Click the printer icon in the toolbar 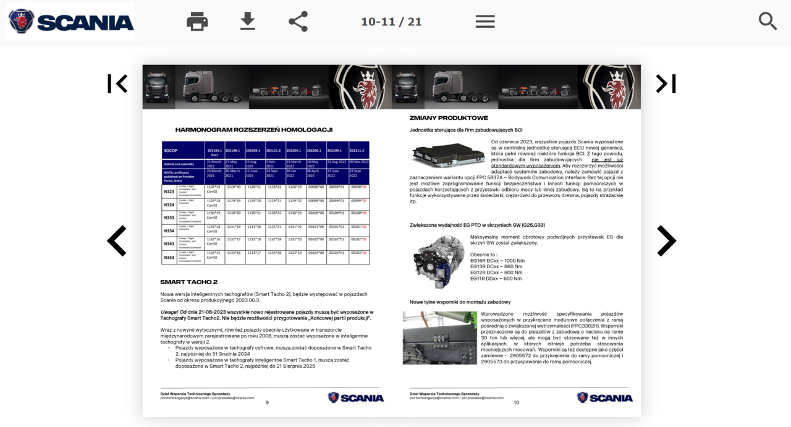(x=197, y=22)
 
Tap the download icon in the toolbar (x=248, y=22)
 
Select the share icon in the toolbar (x=298, y=22)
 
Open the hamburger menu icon (x=485, y=22)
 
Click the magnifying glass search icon (x=768, y=22)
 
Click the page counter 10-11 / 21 (x=391, y=22)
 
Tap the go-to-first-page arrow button (x=117, y=83)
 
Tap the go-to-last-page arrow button (x=666, y=83)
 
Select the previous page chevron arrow (x=117, y=241)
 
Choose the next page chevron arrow (x=666, y=241)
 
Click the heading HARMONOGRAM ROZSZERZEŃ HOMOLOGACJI (x=254, y=130)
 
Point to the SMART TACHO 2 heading (x=189, y=282)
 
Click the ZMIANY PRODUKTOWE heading (x=449, y=118)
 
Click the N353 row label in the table (x=169, y=257)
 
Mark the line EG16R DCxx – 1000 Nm (x=497, y=261)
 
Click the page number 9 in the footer (x=267, y=402)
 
